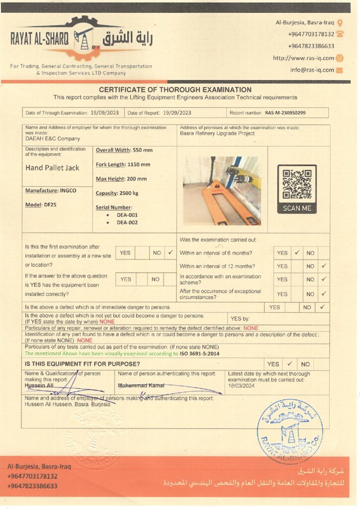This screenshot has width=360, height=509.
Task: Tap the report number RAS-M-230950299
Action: [285, 113]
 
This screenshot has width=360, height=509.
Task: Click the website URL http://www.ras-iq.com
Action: [303, 58]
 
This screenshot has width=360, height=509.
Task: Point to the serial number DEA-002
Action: [127, 223]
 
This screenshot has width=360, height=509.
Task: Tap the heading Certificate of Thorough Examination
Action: [176, 90]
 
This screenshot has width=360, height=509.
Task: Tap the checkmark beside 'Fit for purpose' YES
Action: [289, 364]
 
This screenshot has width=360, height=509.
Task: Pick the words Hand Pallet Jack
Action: [52, 168]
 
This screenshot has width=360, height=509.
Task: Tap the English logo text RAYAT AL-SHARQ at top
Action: [39, 40]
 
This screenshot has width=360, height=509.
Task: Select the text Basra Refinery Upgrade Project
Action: [217, 133]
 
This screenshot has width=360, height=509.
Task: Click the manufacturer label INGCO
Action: [68, 190]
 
